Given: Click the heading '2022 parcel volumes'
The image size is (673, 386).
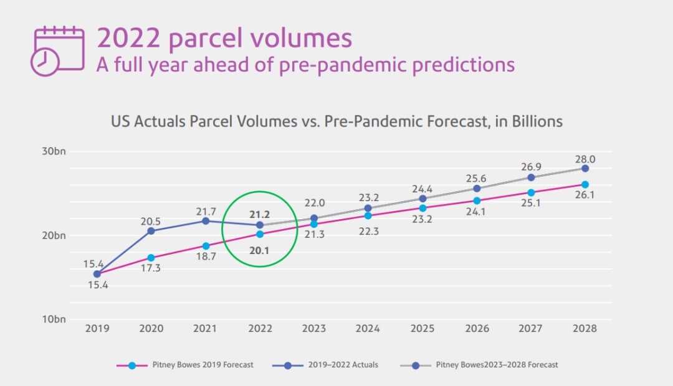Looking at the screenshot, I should tap(224, 38).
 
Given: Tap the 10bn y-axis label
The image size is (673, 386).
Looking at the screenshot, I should tap(55, 319).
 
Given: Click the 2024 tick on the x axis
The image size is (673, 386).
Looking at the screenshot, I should tap(368, 329).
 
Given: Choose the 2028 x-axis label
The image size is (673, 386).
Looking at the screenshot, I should tap(585, 329).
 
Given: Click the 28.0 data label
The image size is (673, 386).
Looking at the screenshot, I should tap(585, 159).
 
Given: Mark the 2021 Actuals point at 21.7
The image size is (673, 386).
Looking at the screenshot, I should tap(206, 221).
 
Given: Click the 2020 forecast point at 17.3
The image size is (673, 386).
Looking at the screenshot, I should tap(151, 257).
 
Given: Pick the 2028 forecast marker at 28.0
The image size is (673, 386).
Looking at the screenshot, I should tap(585, 169).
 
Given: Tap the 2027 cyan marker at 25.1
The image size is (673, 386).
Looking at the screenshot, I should tap(531, 192).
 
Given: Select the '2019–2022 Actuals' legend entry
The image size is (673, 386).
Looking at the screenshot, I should tap(327, 365).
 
